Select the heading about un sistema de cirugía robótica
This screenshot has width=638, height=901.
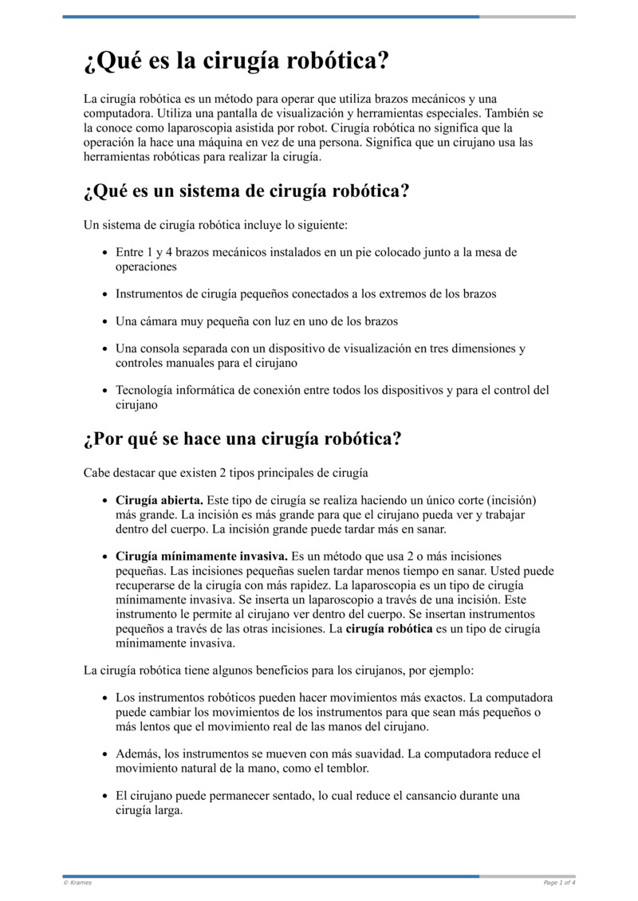click(246, 191)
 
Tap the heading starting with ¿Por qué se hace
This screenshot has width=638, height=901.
click(242, 439)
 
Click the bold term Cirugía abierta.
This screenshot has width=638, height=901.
click(159, 500)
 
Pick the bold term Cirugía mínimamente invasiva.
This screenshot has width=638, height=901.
click(203, 556)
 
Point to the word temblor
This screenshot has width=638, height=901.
click(348, 769)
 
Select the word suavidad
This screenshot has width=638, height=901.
click(375, 754)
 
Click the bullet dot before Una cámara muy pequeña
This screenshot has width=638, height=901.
click(105, 322)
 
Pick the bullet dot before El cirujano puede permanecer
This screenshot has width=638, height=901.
click(105, 797)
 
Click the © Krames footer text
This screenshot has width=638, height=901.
click(77, 883)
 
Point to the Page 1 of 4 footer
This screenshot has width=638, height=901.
click(559, 883)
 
